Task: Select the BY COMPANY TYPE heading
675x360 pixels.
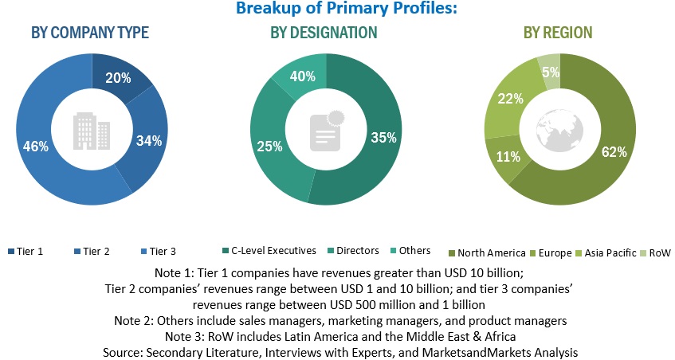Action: tap(90, 33)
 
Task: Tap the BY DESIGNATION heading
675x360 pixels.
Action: tap(324, 33)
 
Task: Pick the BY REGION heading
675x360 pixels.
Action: tap(558, 33)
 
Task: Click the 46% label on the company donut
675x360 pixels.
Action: tap(36, 147)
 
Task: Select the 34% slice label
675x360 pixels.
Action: tap(149, 141)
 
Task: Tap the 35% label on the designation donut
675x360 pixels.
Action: tap(383, 138)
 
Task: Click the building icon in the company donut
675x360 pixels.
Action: tap(90, 130)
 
